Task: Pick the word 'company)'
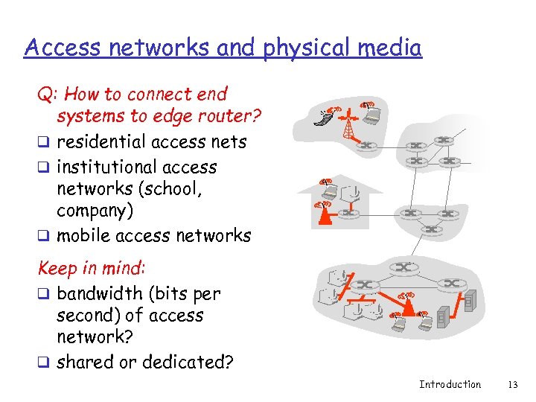(95, 211)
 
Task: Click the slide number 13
(511, 385)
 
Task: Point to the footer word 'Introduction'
(450, 385)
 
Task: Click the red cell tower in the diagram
(348, 124)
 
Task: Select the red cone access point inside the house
(324, 215)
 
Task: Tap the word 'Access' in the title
(60, 48)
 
